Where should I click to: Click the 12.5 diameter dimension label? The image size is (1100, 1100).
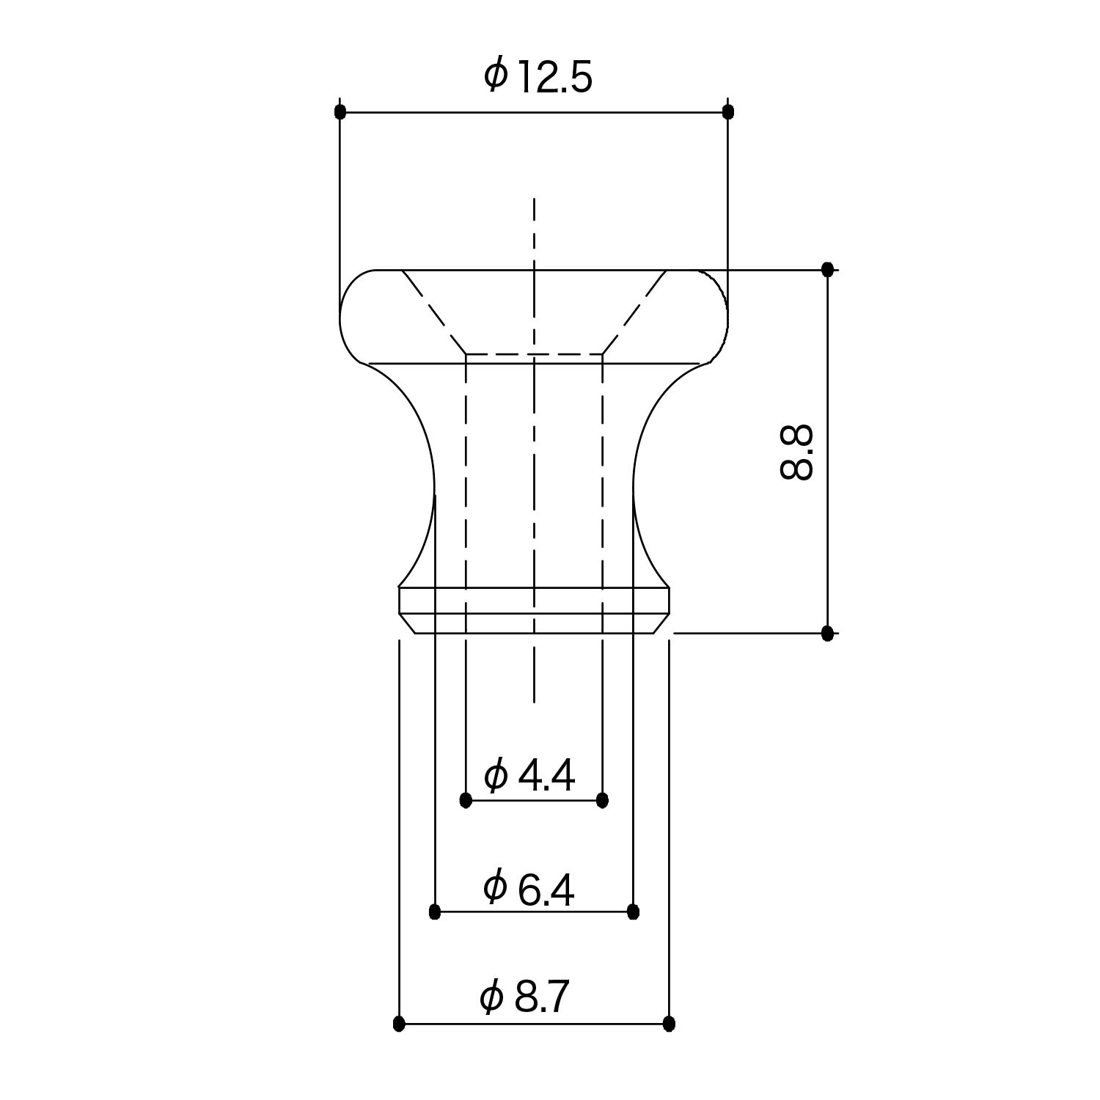(538, 77)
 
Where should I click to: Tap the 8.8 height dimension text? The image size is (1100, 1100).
(796, 452)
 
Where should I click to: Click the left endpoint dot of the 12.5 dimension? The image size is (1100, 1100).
(340, 112)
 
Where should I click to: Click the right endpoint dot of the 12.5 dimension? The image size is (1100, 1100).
(727, 111)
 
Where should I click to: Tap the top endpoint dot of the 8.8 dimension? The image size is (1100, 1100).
(828, 269)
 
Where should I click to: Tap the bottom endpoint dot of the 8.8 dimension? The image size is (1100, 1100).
(828, 633)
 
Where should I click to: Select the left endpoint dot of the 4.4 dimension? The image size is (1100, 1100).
(466, 800)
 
